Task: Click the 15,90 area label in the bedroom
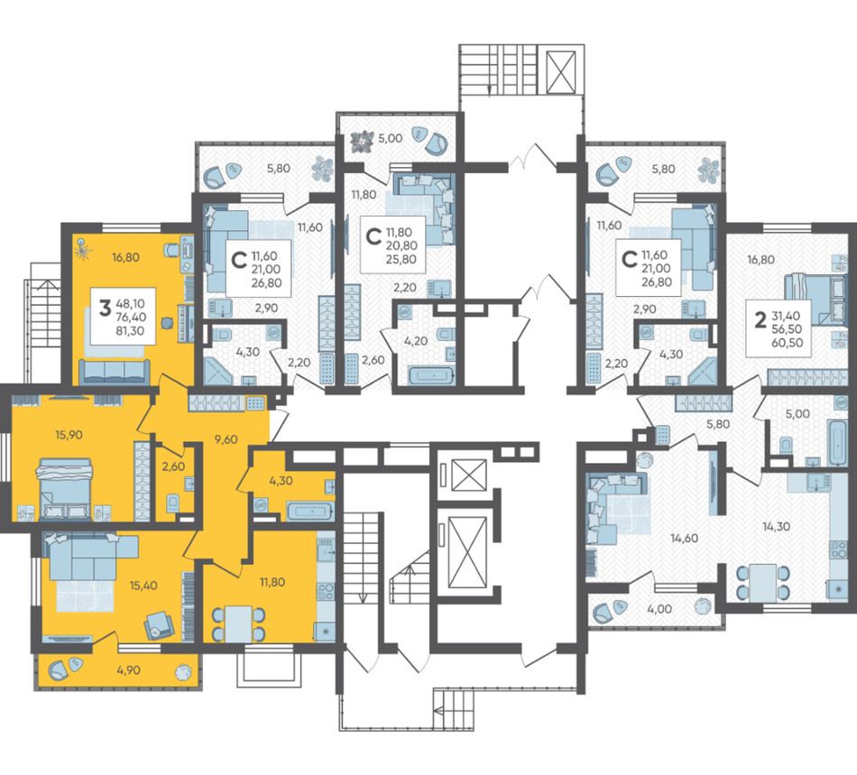point(69,435)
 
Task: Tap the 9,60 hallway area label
point(226,438)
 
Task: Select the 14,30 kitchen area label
point(776,527)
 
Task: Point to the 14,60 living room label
point(685,538)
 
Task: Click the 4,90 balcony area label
point(128,670)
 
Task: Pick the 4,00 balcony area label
point(659,609)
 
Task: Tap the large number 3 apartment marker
point(105,309)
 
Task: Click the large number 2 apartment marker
point(760,321)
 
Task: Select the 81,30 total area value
point(130,329)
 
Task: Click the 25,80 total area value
point(401,259)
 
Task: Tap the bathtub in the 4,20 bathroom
point(431,376)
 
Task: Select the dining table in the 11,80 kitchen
point(239,624)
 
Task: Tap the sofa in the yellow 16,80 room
point(115,371)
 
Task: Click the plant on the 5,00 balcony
point(362,141)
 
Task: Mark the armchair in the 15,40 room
point(159,624)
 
